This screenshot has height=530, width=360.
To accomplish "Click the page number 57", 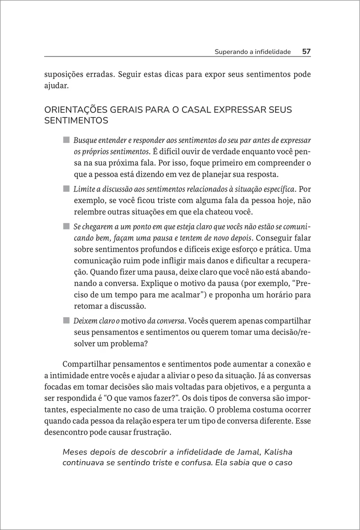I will (307, 52).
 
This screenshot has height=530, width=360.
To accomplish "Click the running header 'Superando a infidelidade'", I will (253, 52).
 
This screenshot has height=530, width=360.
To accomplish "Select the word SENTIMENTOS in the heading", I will (76, 120).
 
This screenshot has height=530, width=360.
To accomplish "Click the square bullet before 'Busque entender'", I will (66, 140).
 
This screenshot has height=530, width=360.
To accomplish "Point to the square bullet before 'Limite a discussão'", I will (66, 189).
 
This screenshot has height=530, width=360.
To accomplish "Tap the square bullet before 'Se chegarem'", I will (66, 227).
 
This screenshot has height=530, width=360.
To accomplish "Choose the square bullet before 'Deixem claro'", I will (66, 320).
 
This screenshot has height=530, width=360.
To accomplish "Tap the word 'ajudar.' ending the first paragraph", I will (57, 86).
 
